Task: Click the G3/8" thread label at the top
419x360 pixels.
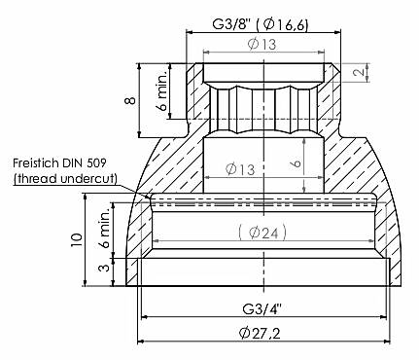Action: click(x=231, y=24)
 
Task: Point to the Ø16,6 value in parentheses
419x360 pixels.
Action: click(x=285, y=24)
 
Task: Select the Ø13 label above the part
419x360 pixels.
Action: click(x=262, y=44)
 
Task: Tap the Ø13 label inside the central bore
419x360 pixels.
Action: click(x=240, y=169)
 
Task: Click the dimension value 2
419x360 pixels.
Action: click(x=359, y=72)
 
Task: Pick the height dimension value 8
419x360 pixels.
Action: click(x=130, y=100)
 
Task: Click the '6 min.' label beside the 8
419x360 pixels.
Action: click(x=162, y=90)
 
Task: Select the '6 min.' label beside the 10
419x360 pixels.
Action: click(x=105, y=228)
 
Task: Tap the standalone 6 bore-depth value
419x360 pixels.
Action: click(x=297, y=162)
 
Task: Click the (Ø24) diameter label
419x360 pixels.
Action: click(x=262, y=233)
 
